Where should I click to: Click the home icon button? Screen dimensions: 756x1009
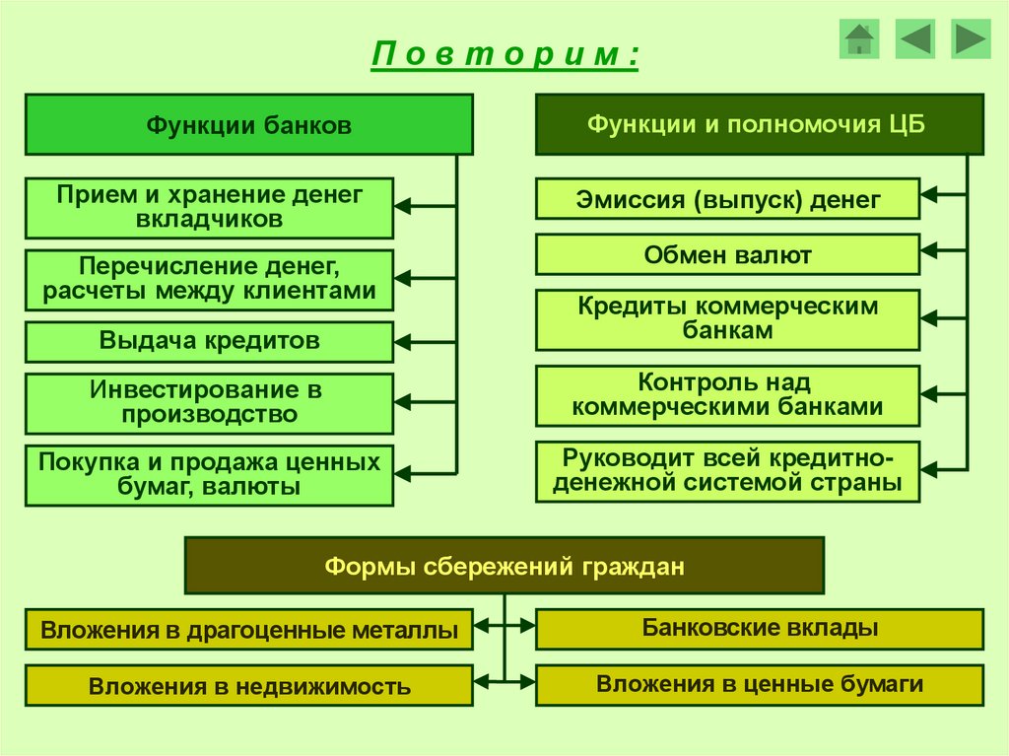click(859, 39)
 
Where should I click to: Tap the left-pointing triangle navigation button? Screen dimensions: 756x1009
click(914, 39)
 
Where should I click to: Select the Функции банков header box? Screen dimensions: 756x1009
click(248, 125)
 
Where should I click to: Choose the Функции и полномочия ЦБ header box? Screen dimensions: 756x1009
click(759, 124)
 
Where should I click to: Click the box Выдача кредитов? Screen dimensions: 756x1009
click(209, 342)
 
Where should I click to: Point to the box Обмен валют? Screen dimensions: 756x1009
click(727, 255)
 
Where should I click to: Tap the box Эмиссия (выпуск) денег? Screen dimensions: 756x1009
click(727, 200)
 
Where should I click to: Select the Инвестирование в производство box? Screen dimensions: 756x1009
click(209, 403)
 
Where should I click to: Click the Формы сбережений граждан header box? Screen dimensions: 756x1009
click(504, 566)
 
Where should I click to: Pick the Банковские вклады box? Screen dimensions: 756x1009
click(759, 628)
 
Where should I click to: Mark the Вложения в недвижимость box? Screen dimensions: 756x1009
click(248, 686)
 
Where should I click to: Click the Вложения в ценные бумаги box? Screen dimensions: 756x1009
click(759, 684)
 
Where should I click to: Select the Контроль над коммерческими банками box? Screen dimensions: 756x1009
click(727, 394)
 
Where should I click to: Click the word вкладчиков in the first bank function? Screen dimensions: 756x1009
click(209, 219)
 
